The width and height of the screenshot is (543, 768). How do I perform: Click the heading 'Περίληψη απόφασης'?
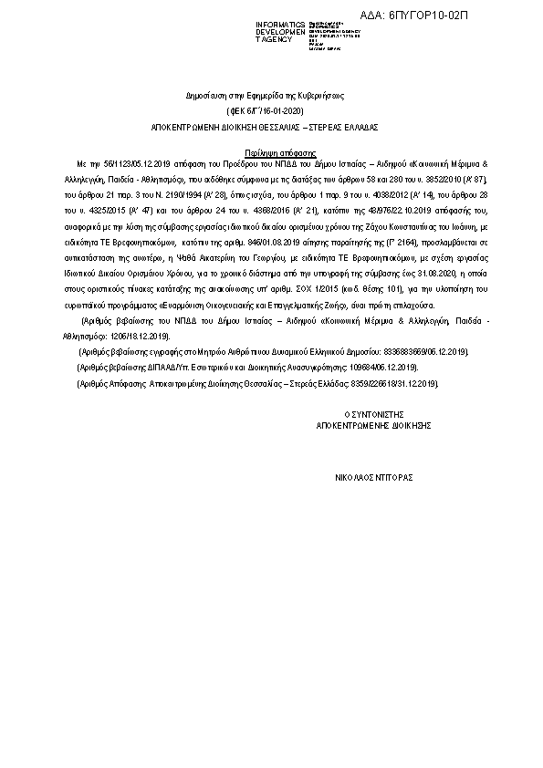click(x=279, y=143)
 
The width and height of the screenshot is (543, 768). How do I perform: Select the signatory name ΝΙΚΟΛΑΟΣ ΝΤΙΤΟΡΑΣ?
click(x=373, y=476)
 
